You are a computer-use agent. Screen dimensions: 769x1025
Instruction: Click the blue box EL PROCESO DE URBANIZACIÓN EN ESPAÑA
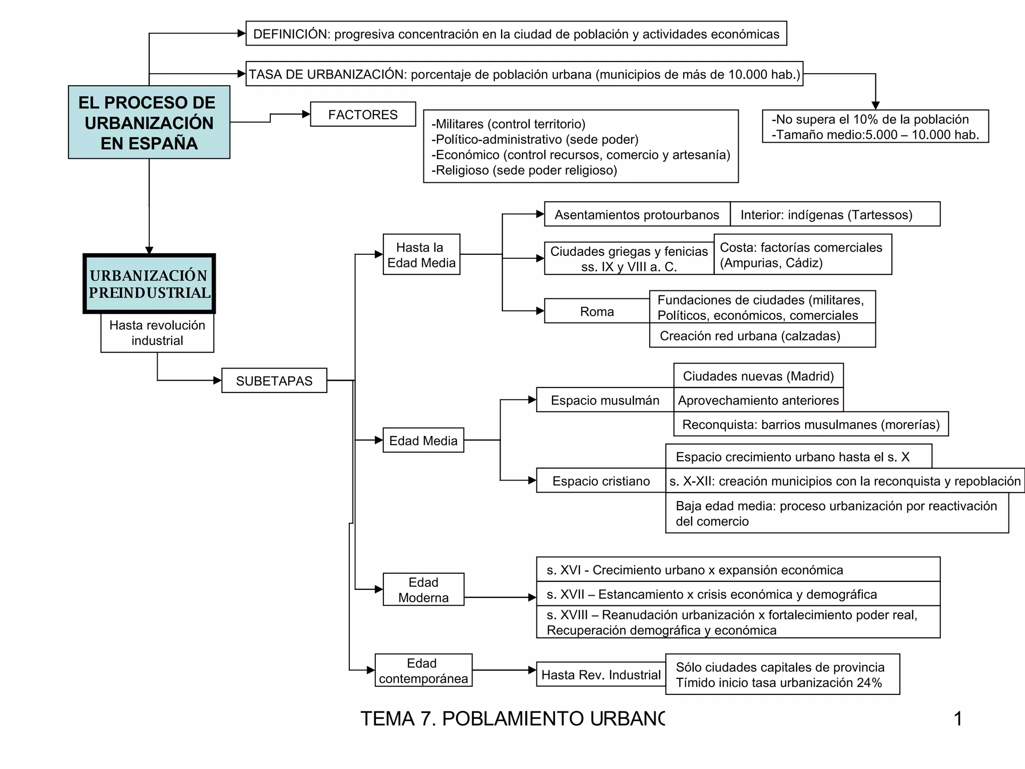pos(149,122)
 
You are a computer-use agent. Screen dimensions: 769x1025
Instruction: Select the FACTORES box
pos(363,114)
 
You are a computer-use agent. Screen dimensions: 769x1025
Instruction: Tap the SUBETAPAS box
pos(274,380)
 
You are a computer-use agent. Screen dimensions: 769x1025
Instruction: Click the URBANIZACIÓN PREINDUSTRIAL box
pos(149,284)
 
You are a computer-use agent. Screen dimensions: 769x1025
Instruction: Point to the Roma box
pos(597,311)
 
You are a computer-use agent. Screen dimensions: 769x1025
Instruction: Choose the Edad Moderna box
pos(423,589)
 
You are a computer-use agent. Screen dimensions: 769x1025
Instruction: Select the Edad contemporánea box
pos(423,670)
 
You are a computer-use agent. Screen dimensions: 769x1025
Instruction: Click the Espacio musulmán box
pos(605,400)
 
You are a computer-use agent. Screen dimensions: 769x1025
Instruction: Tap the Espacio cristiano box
pos(601,481)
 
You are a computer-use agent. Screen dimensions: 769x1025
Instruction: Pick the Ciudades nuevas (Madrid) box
pos(758,375)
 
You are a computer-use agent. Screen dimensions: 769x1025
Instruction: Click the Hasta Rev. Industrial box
pos(601,674)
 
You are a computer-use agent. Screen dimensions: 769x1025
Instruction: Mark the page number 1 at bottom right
pos(958,718)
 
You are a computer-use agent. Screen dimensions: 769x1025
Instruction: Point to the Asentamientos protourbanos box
pos(637,214)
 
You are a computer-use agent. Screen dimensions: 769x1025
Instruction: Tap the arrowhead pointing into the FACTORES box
pos(306,114)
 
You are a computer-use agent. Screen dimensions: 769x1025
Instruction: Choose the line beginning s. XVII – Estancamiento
pos(712,594)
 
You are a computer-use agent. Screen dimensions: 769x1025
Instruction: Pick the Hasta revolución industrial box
pos(157,332)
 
